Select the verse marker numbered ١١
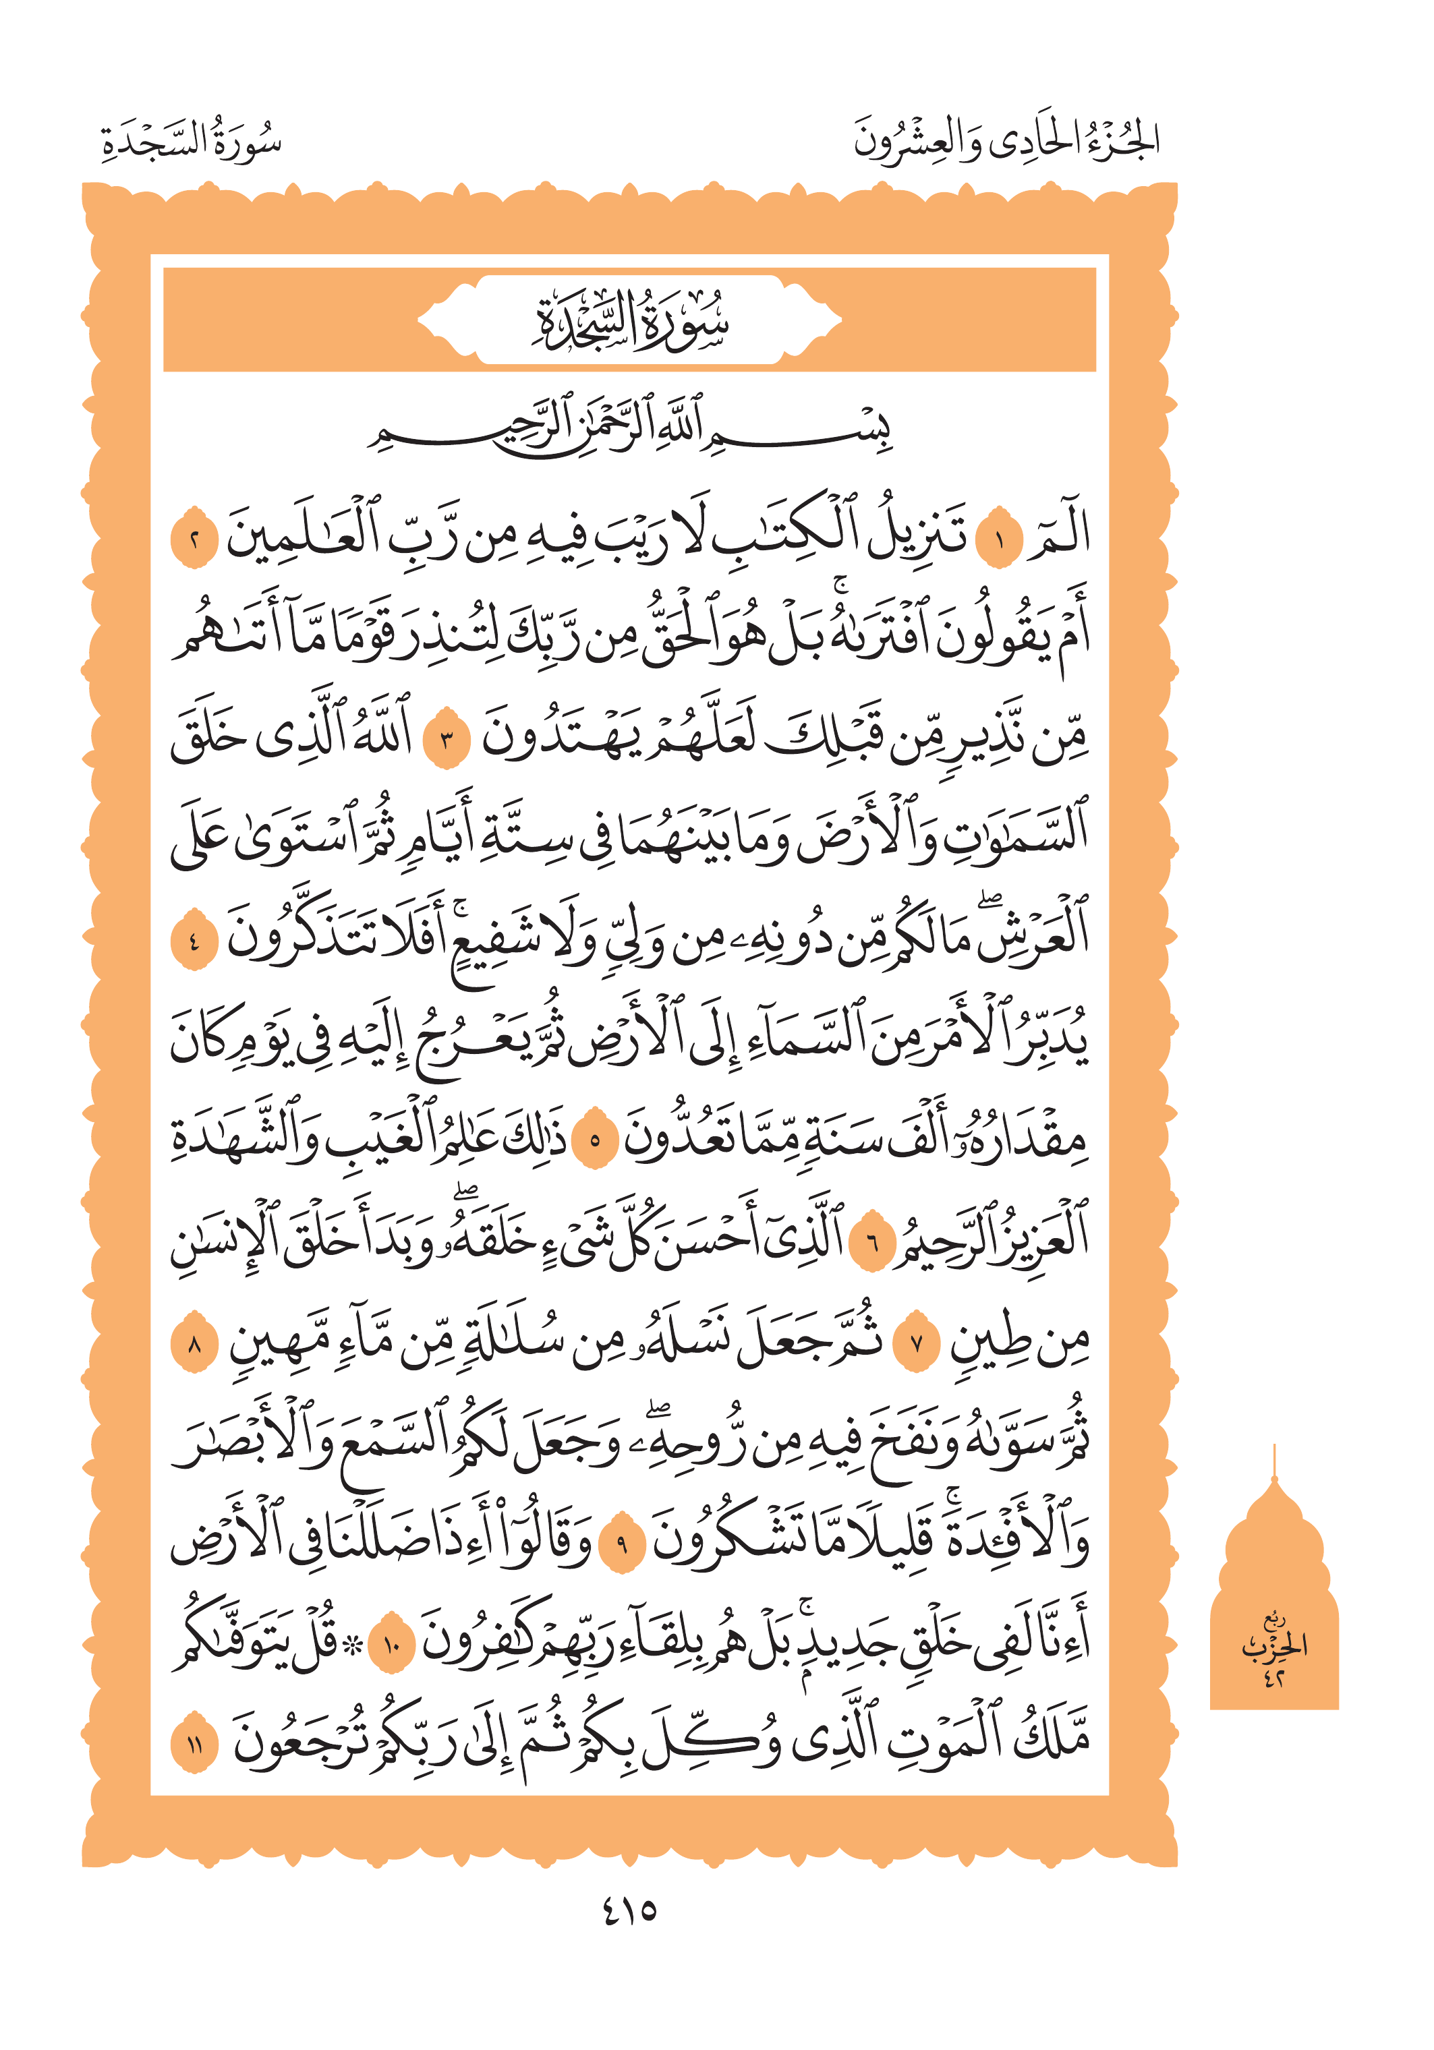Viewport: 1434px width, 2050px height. tap(195, 1745)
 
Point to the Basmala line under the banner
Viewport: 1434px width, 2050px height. tap(629, 427)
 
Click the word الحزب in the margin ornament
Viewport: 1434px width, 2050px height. tap(1275, 1645)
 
